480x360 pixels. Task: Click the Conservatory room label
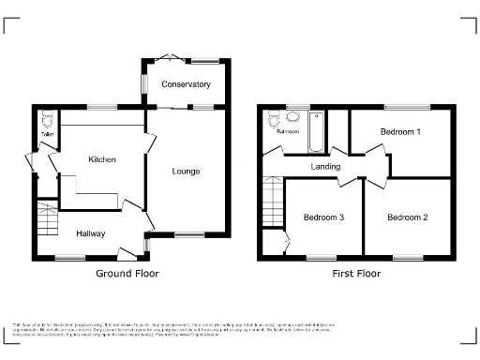186,84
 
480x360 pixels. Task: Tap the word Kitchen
102,160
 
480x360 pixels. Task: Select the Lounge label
186,171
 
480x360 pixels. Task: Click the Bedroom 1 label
400,132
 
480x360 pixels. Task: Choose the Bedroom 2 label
408,217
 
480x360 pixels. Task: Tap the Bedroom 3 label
323,217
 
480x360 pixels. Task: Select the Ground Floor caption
127,274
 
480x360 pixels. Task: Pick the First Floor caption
356,274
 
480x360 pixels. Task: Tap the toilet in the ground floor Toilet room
46,120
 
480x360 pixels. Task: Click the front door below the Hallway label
123,250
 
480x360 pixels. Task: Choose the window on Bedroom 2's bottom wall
408,257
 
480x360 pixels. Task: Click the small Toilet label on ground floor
45,135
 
